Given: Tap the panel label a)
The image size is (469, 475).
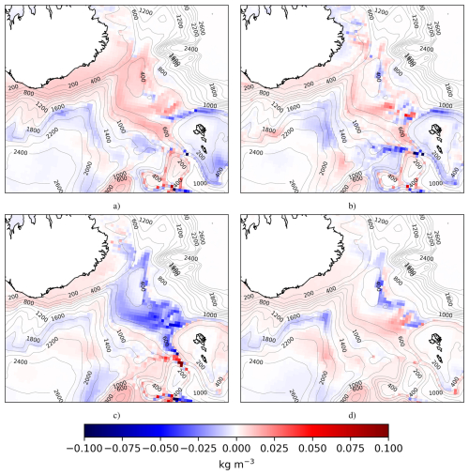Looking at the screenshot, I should coord(116,205).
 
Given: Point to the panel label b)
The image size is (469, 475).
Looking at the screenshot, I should coord(351,205).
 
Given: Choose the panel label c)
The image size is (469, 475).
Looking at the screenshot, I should coord(116,414).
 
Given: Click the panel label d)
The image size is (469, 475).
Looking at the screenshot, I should coord(351,414).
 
